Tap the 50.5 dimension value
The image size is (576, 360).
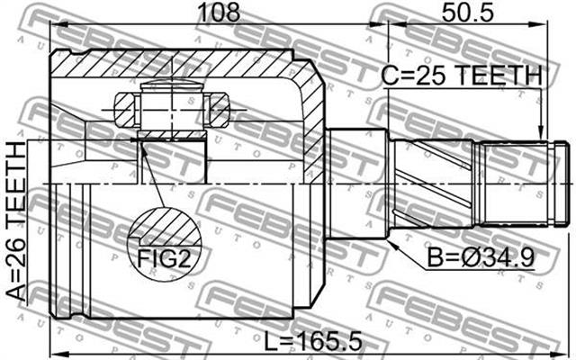(468, 12)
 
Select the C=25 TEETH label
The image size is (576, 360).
(461, 76)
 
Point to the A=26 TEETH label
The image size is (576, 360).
(16, 221)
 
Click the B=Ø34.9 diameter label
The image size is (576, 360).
(480, 257)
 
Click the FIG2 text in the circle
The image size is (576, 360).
(164, 258)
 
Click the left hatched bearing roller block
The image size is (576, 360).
(125, 110)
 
